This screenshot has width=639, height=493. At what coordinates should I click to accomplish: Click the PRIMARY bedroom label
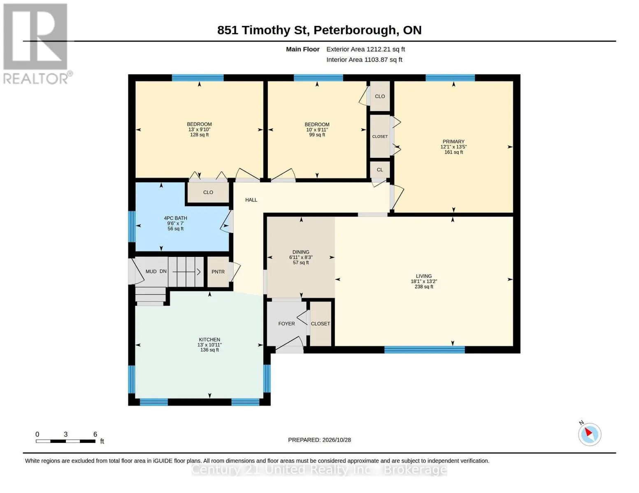(453, 141)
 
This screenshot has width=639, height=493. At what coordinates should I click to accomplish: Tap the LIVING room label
(424, 276)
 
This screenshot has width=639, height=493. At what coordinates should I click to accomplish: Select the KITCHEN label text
(209, 339)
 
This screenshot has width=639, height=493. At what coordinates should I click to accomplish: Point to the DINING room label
(301, 252)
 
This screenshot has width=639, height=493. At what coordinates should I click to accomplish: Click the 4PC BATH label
(175, 218)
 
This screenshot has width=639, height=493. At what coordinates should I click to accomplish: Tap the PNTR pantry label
(218, 272)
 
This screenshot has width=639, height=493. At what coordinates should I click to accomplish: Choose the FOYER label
(286, 324)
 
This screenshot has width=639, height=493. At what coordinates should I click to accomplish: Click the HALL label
(251, 200)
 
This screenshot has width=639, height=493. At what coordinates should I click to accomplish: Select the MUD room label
(151, 272)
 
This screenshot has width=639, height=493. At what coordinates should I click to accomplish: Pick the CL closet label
(380, 170)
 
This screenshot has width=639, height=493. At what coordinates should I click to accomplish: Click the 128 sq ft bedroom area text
(199, 135)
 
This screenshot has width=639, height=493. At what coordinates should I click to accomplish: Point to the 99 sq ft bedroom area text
(317, 135)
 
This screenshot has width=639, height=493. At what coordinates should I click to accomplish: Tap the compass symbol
(589, 435)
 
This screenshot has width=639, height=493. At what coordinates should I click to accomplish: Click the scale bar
(65, 441)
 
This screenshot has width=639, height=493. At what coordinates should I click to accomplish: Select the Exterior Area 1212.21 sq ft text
(365, 49)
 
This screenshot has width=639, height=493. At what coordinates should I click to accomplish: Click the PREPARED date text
(319, 440)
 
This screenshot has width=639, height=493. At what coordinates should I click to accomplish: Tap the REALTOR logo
(37, 44)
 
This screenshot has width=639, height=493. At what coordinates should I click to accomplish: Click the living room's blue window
(424, 350)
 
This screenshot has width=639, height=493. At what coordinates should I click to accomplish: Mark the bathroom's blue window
(132, 226)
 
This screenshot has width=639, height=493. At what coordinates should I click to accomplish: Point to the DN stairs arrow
(186, 272)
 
